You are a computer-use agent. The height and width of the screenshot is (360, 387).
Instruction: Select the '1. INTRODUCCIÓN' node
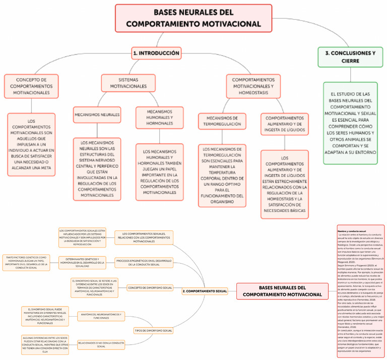click(156, 52)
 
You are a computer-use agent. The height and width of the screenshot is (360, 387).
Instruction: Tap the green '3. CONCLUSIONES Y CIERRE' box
click(347, 57)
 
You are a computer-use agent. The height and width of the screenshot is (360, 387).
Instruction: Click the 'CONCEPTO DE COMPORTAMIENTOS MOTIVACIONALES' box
click(32, 86)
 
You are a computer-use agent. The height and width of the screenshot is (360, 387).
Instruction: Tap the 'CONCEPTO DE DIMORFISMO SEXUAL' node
click(150, 287)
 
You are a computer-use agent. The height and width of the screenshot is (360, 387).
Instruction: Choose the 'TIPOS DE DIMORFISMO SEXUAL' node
click(154, 331)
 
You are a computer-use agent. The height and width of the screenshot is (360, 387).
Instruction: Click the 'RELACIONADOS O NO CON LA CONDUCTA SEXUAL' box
click(101, 345)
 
